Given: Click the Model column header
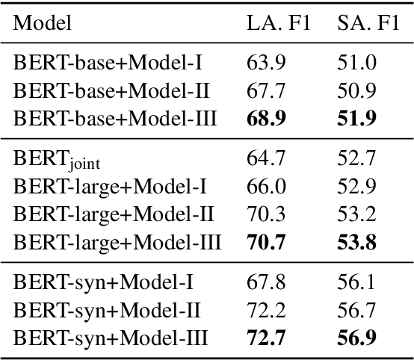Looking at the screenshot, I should pos(43,23).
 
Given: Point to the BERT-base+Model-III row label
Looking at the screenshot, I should pos(115,117).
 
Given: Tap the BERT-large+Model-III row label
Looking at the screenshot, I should pos(117,241).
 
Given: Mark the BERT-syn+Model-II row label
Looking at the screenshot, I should pos(107,308).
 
